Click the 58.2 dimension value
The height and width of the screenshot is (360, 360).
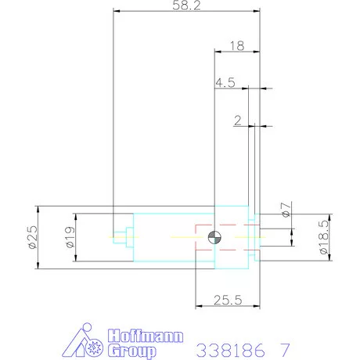[x=185, y=6]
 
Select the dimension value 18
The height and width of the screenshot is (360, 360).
[x=237, y=46]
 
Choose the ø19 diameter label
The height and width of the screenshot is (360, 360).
[x=68, y=238]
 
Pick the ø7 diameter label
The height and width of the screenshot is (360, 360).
[x=286, y=210]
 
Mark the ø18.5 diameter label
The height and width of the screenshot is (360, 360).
[x=324, y=238]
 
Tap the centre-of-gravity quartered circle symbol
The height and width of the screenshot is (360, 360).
[x=215, y=237]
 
